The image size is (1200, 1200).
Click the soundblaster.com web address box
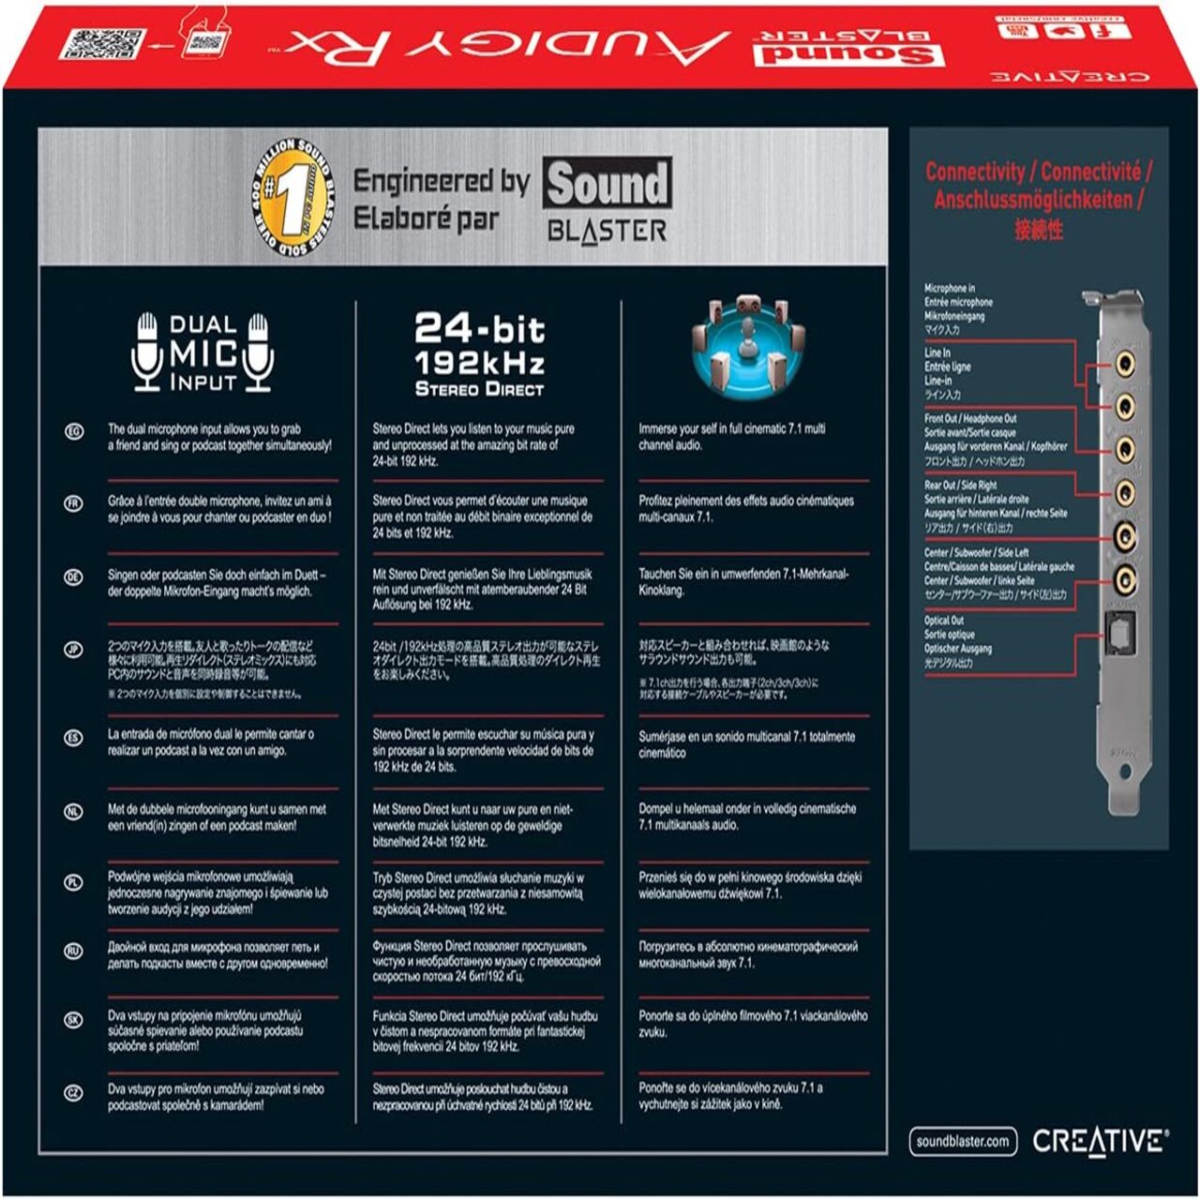pos(964,1141)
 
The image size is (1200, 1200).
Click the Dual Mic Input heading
pos(202,353)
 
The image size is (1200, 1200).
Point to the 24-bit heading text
pos(479,329)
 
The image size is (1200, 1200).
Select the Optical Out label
pos(944,621)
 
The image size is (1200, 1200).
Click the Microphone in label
pos(950,288)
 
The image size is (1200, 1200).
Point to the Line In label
pos(937,353)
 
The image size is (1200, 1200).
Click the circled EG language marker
pos(74,431)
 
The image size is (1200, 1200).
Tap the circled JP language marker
pos(74,650)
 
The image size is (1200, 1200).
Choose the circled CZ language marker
pos(74,1093)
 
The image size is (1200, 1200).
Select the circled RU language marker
pos(74,951)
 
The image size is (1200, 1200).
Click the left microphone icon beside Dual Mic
pos(147,352)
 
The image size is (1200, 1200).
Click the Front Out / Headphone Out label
pos(970,419)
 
